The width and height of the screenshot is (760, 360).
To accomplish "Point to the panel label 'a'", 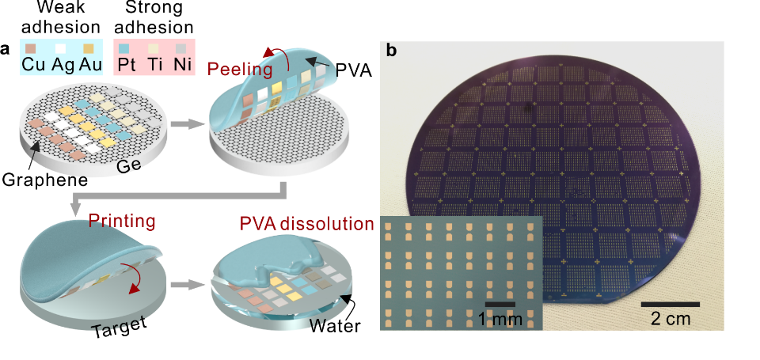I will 6,49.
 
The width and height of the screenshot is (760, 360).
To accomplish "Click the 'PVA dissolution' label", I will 306,225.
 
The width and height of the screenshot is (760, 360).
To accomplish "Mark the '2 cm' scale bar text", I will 669,320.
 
